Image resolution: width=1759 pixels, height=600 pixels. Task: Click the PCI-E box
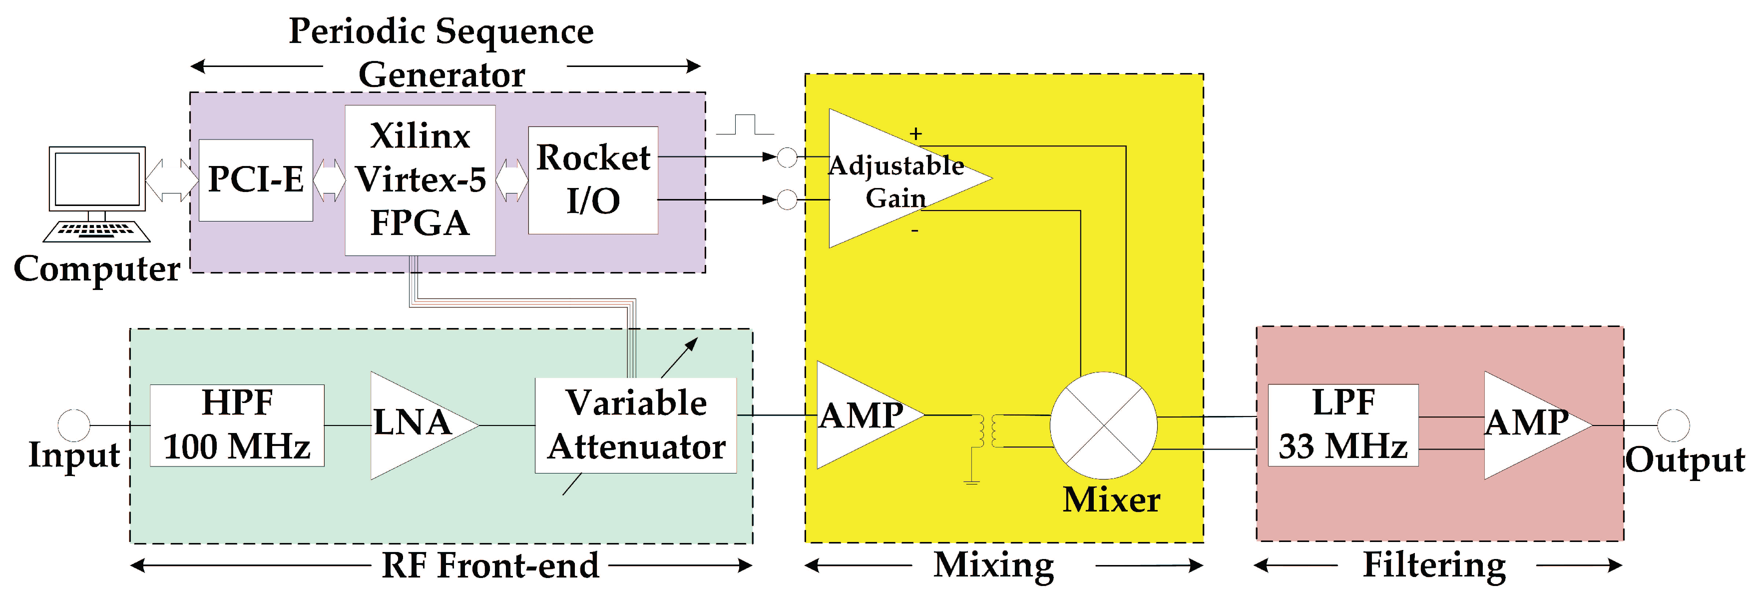coord(255,179)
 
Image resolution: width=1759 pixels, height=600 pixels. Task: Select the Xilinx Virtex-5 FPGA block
coord(420,179)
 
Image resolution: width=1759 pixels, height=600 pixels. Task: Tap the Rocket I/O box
coord(593,179)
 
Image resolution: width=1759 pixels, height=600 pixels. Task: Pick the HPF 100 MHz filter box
coord(237,425)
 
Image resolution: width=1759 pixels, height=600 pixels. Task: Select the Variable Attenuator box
coord(636,425)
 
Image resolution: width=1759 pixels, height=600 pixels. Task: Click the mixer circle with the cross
coord(1103,425)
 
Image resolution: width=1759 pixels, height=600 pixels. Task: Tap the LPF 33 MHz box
coord(1342,425)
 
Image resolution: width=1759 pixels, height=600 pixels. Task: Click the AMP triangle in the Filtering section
coord(1526,424)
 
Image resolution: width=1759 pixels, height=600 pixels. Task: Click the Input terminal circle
coord(74,425)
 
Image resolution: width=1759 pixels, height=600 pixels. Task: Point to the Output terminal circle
coord(1673,425)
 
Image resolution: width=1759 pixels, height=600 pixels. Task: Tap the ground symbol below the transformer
coord(972,481)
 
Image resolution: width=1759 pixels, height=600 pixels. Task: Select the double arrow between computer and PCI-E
coord(171,179)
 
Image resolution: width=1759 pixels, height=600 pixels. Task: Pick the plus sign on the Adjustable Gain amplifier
coord(915,134)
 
